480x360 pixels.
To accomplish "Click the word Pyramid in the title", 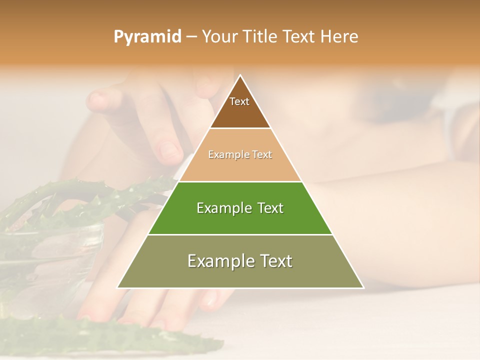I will click(147, 37).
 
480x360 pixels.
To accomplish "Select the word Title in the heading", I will click(261, 37).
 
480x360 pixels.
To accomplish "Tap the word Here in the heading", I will click(339, 37).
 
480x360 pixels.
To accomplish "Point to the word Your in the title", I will click(219, 37).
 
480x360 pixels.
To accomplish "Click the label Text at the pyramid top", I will click(239, 101).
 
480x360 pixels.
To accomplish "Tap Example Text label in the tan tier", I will click(240, 154).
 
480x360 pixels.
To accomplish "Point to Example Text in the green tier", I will click(240, 208).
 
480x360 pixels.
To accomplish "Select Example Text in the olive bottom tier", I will click(240, 261).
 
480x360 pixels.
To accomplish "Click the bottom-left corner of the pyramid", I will click(118, 287).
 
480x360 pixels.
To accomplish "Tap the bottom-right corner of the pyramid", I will click(363, 287).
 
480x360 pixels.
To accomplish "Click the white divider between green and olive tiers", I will click(240, 234).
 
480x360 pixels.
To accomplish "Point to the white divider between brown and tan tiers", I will click(240, 128).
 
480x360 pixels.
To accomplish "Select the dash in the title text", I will click(191, 37).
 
